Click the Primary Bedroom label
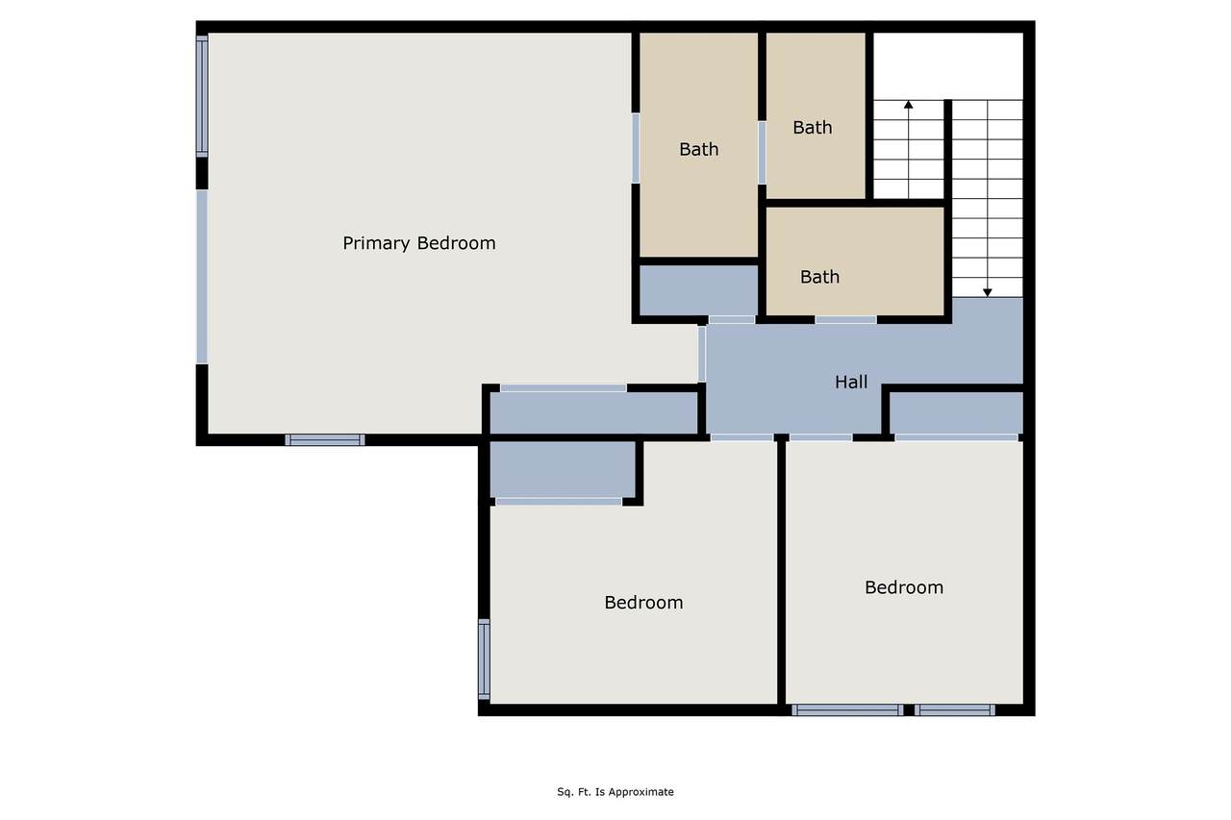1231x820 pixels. pyautogui.click(x=418, y=243)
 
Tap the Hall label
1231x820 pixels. pyautogui.click(x=851, y=382)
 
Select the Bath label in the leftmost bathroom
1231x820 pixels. pyautogui.click(x=698, y=149)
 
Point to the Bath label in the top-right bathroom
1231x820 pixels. pyautogui.click(x=813, y=128)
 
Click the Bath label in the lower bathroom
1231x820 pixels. pyautogui.click(x=819, y=277)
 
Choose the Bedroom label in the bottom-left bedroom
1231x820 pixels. pyautogui.click(x=643, y=603)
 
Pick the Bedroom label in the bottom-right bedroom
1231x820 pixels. pyautogui.click(x=904, y=587)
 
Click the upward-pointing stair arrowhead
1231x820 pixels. pyautogui.click(x=909, y=105)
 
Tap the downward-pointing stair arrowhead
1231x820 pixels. pyautogui.click(x=988, y=293)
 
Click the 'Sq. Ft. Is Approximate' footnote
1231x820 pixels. pyautogui.click(x=615, y=792)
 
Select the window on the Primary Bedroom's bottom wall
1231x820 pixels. pyautogui.click(x=325, y=440)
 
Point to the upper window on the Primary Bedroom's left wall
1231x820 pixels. pyautogui.click(x=202, y=96)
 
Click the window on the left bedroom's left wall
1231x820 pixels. pyautogui.click(x=484, y=659)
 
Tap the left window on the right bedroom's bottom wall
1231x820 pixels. pyautogui.click(x=847, y=710)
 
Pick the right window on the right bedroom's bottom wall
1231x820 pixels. pyautogui.click(x=955, y=710)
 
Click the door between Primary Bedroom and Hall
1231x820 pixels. pyautogui.click(x=702, y=354)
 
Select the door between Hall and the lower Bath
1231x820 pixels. pyautogui.click(x=845, y=320)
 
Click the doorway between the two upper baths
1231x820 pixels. pyautogui.click(x=763, y=153)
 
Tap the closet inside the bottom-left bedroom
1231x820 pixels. pyautogui.click(x=563, y=469)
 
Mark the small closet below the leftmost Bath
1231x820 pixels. pyautogui.click(x=698, y=290)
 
